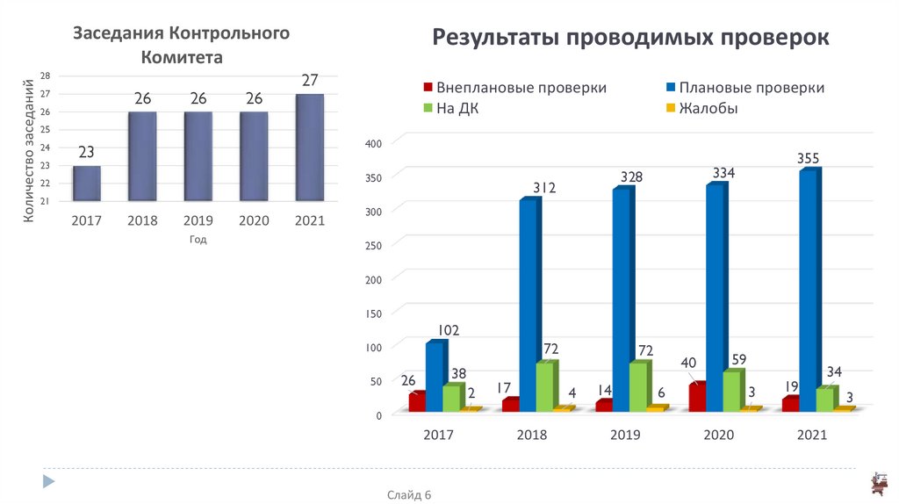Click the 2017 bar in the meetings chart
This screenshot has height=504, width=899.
pyautogui.click(x=86, y=184)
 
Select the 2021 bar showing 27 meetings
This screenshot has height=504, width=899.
pyautogui.click(x=309, y=148)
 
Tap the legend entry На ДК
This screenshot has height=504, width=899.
pyautogui.click(x=457, y=109)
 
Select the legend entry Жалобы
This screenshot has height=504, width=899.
pyautogui.click(x=708, y=109)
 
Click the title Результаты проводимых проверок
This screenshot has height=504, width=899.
pyautogui.click(x=630, y=39)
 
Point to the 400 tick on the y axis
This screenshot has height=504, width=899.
pyautogui.click(x=373, y=143)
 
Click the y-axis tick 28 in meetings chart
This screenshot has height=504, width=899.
pyautogui.click(x=44, y=76)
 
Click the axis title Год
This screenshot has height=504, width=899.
pyautogui.click(x=198, y=239)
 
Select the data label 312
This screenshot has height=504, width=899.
pyautogui.click(x=543, y=187)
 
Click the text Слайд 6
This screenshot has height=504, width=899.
pyautogui.click(x=409, y=496)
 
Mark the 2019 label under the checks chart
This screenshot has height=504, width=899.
pyautogui.click(x=625, y=435)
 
